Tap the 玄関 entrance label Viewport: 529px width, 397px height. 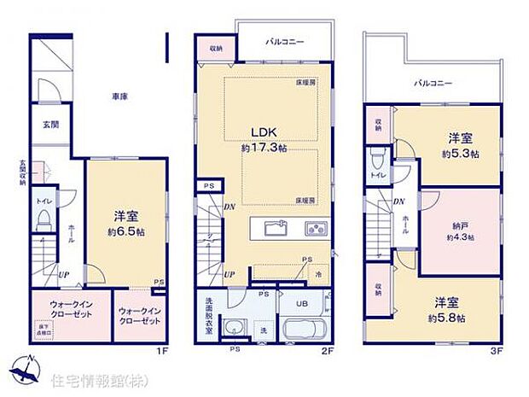pos(50,125)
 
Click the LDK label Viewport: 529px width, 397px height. pos(262,131)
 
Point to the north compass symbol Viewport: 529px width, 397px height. pos(28,368)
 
